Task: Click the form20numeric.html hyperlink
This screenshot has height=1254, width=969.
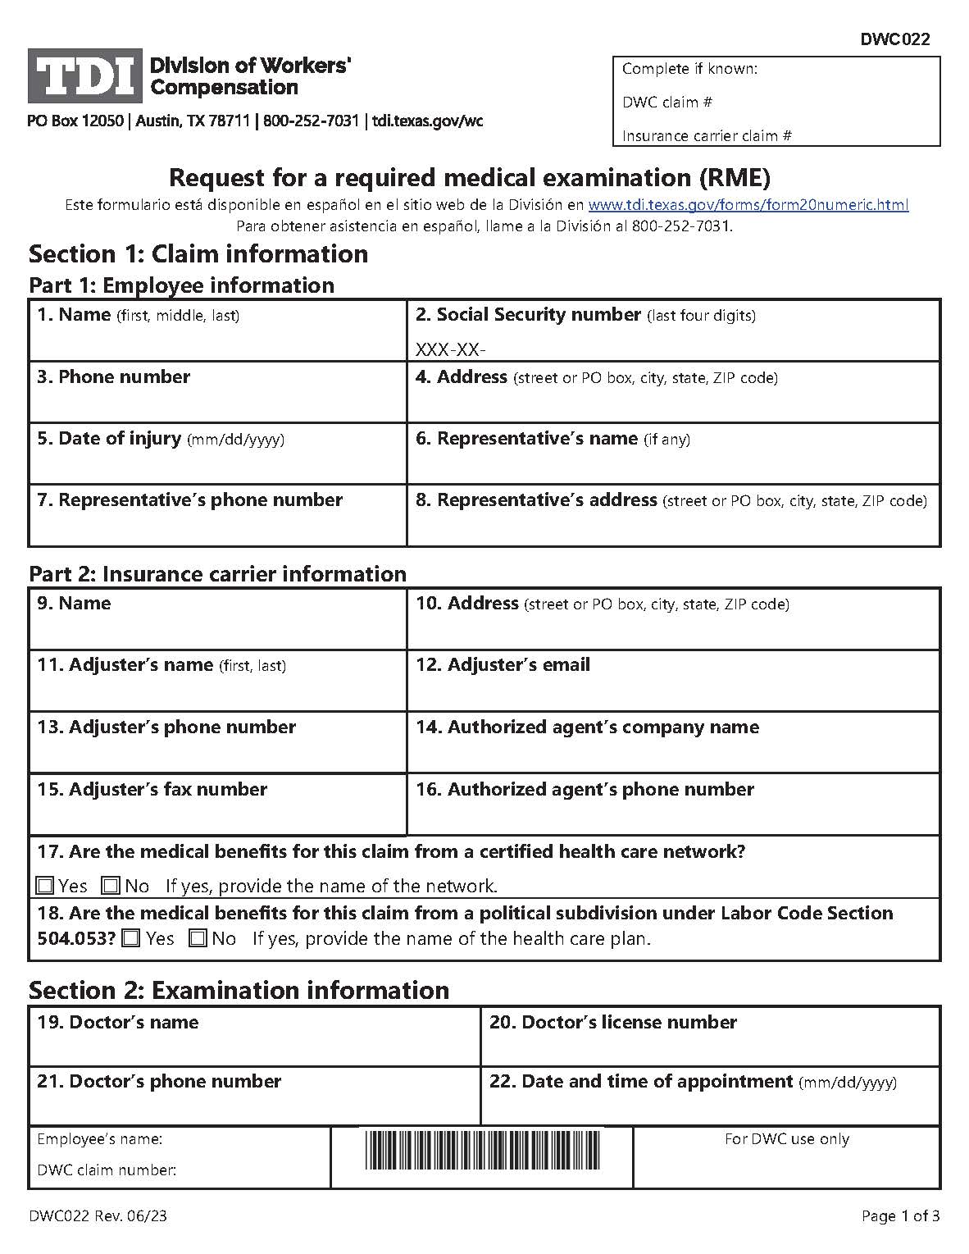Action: [748, 205]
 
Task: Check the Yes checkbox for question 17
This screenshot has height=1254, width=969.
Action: [45, 886]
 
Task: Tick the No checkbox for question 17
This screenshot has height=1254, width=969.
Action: [111, 886]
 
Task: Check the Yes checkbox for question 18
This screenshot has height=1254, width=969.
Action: [130, 938]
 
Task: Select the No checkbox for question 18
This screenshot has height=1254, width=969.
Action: [198, 938]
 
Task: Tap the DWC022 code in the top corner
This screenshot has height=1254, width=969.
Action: [895, 39]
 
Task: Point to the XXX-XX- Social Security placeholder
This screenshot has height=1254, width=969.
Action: [451, 350]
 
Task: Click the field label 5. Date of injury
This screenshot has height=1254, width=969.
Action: [109, 439]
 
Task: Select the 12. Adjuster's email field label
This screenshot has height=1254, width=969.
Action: [503, 665]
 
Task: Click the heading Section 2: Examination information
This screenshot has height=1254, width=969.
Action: [239, 990]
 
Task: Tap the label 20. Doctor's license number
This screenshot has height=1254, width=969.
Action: [612, 1023]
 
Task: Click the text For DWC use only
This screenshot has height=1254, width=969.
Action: [786, 1139]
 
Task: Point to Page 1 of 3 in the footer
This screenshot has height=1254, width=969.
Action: [900, 1216]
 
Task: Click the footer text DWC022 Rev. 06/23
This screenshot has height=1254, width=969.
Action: [98, 1216]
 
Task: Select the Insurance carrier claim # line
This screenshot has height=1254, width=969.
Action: [707, 136]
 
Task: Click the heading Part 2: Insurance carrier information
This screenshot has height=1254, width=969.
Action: [217, 573]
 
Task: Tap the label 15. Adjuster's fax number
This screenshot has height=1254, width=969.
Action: [152, 790]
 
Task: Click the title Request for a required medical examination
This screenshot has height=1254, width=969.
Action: [469, 177]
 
